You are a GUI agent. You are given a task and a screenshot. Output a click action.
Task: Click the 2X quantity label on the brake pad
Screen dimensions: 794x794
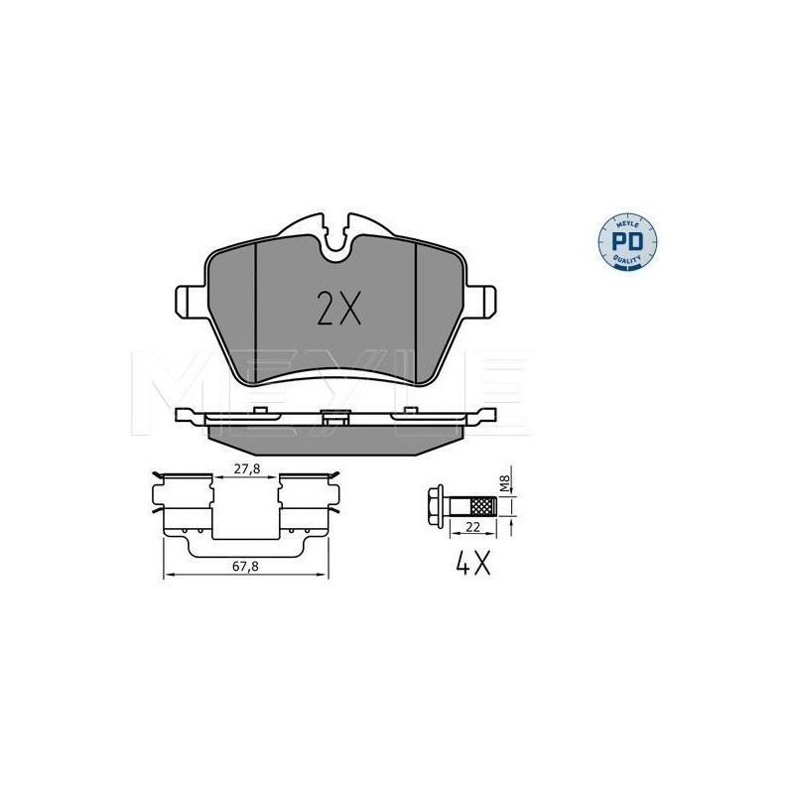click(x=338, y=309)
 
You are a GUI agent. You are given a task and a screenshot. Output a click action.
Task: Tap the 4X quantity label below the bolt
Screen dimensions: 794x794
click(x=473, y=563)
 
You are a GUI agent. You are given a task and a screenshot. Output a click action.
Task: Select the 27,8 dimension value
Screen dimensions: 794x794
click(x=246, y=468)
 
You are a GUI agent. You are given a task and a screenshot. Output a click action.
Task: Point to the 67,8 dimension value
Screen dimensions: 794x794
click(x=245, y=566)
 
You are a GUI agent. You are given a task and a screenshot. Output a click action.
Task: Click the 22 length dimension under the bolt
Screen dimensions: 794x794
click(x=472, y=527)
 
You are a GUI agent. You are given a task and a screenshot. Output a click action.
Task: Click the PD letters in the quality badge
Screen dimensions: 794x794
click(x=627, y=241)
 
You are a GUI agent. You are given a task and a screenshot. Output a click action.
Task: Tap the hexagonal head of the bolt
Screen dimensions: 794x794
click(x=435, y=505)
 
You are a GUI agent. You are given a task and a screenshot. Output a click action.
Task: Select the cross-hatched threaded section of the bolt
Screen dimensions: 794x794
click(x=483, y=505)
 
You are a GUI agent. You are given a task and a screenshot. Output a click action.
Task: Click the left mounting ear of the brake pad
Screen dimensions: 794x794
click(x=191, y=302)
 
